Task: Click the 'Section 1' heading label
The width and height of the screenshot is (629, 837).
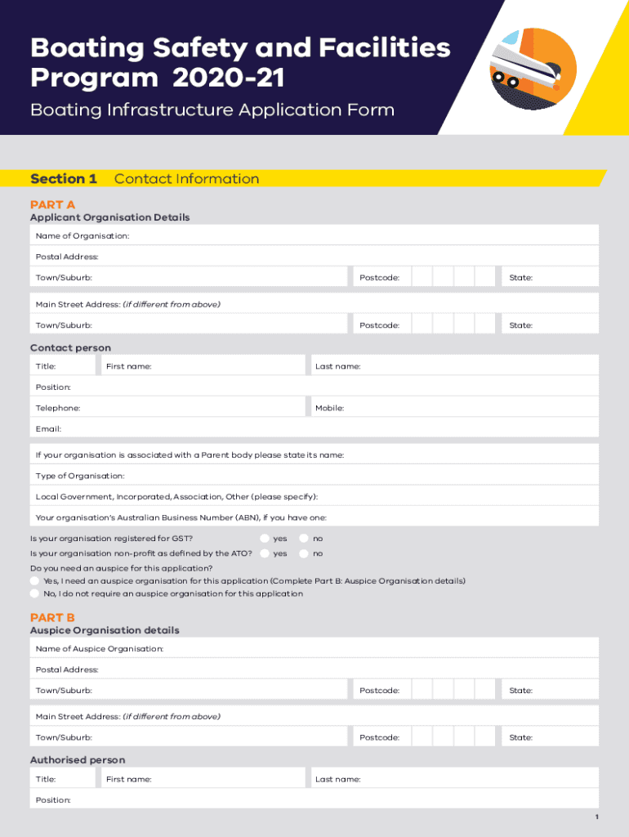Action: [64, 179]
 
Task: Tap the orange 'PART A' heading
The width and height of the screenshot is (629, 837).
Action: [52, 204]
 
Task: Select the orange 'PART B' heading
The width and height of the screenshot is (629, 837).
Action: [52, 617]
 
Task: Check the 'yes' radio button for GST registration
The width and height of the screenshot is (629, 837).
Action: [265, 539]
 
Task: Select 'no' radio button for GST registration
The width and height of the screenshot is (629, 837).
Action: [305, 539]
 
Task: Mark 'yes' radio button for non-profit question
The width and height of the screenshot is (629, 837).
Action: [265, 553]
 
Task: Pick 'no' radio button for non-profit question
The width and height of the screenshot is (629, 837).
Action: [305, 553]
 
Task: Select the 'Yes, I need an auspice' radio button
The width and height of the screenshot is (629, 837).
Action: [35, 580]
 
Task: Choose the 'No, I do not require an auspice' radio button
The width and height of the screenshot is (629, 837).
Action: [35, 593]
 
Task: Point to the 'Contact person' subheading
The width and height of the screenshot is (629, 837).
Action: [70, 348]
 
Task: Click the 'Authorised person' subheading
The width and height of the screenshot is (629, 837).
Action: [78, 760]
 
